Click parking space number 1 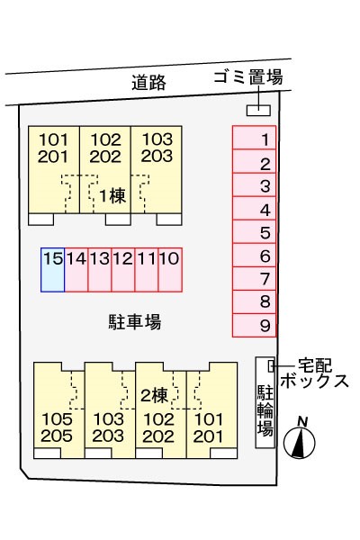tap(255, 139)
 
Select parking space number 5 tap(255, 232)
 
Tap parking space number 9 tap(255, 325)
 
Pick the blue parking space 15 tap(53, 269)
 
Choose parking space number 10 tap(170, 269)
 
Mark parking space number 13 tap(100, 269)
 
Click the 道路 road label tap(148, 83)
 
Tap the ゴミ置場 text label tap(247, 77)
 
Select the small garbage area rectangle tap(257, 110)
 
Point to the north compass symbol tap(300, 440)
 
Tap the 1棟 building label tap(111, 196)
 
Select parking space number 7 tap(255, 279)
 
